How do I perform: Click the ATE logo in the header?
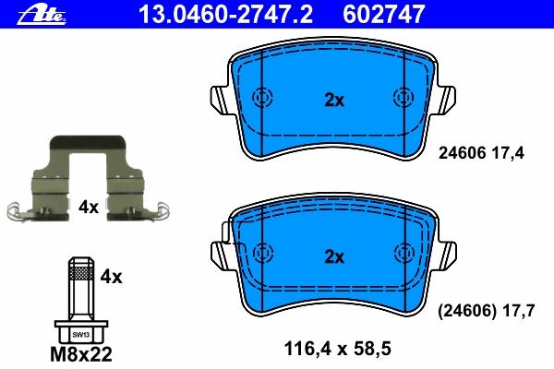click(42, 15)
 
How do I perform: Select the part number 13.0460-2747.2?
click(225, 15)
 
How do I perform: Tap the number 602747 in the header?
click(384, 15)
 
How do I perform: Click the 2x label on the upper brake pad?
click(334, 101)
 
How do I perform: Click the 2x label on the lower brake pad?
click(334, 257)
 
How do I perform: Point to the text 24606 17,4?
click(481, 153)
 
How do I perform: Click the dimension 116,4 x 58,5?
click(337, 349)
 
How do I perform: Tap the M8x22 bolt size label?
click(81, 354)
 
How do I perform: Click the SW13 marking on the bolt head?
click(81, 335)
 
